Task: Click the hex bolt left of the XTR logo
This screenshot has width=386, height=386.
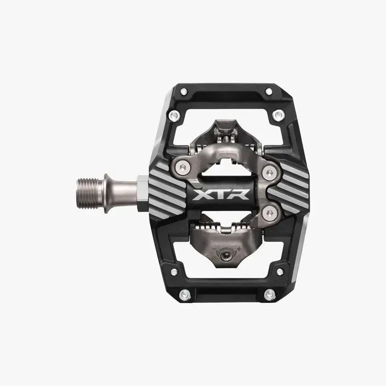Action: (180, 166)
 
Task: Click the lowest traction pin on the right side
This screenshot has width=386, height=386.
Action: (267, 293)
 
